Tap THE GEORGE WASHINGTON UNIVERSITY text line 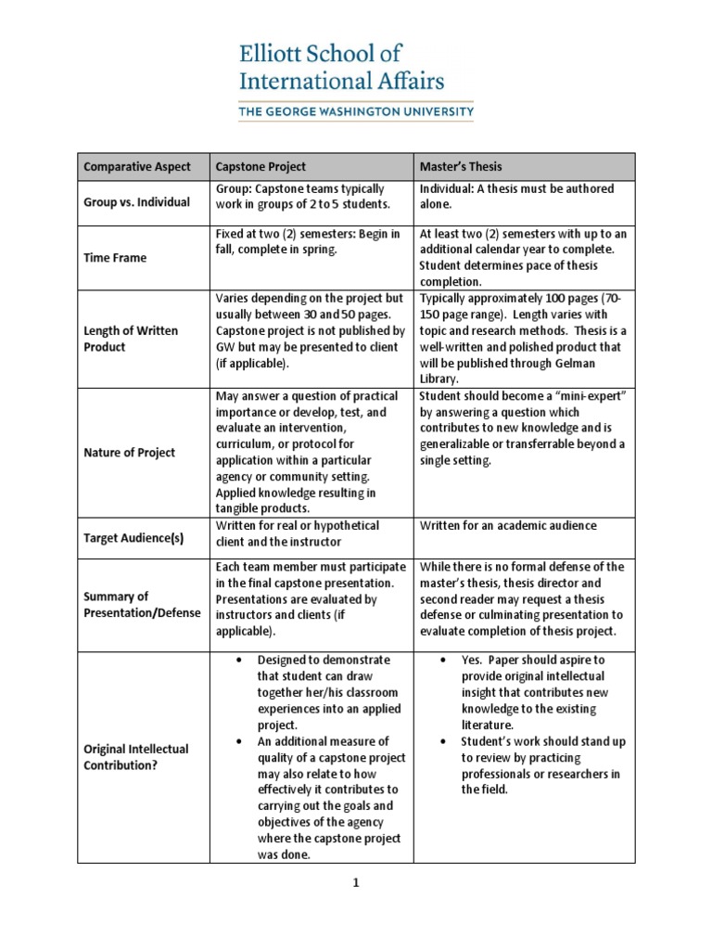click(356, 112)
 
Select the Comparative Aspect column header click(137, 167)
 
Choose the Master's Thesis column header click(461, 167)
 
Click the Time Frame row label click(115, 258)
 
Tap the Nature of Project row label click(129, 453)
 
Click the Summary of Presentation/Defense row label click(131, 604)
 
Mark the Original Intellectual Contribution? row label click(135, 757)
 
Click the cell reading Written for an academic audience click(508, 526)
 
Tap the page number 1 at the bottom click(355, 884)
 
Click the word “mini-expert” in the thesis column click(591, 396)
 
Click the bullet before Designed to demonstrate click(239, 660)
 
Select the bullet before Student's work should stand click(442, 742)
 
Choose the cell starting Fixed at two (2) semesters click(307, 241)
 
